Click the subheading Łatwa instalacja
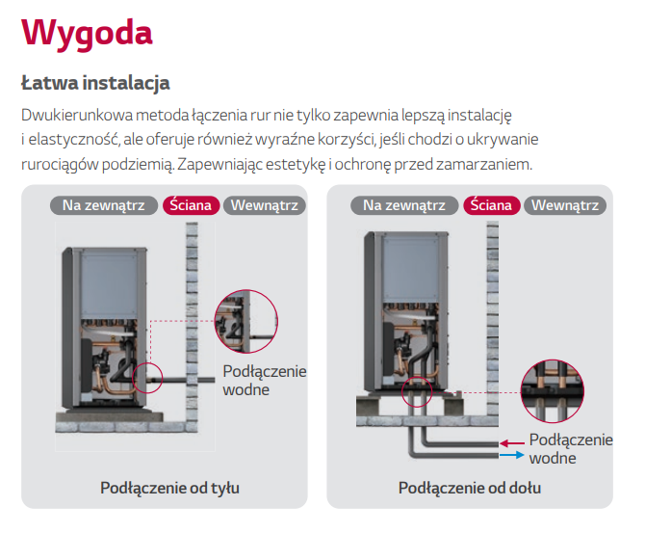(x=95, y=83)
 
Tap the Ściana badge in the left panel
(x=192, y=205)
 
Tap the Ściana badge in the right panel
(x=492, y=205)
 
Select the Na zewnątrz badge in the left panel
(x=104, y=205)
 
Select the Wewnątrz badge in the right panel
(x=565, y=205)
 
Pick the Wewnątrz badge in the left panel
(x=265, y=205)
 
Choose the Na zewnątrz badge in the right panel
(x=404, y=205)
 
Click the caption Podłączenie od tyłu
(x=169, y=488)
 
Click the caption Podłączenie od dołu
(x=470, y=488)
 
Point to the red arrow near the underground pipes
(x=512, y=443)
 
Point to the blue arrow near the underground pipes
(x=512, y=455)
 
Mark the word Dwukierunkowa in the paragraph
(x=77, y=115)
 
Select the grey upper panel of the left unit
(x=109, y=284)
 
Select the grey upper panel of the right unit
(x=411, y=269)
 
